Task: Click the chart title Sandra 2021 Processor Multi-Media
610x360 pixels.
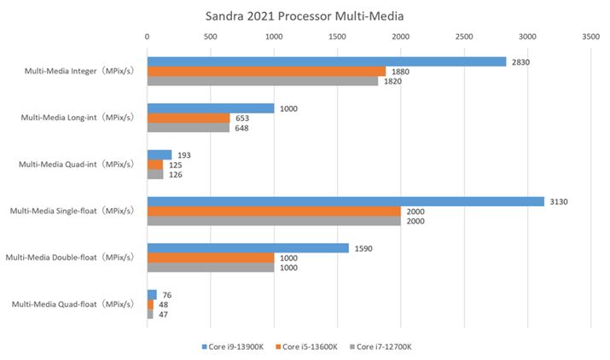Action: [305, 15]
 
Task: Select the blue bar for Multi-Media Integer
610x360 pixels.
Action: [326, 61]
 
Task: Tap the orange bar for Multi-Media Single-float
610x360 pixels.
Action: [274, 211]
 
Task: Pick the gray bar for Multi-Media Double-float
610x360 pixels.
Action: [211, 267]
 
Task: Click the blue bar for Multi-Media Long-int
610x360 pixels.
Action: [211, 108]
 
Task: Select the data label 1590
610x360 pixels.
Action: [363, 248]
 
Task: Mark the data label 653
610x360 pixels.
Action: [243, 118]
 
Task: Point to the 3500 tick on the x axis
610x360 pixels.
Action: [590, 38]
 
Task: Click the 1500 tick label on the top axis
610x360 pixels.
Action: [337, 38]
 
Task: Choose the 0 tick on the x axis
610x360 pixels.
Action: [148, 38]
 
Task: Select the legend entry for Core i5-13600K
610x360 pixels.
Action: [308, 346]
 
